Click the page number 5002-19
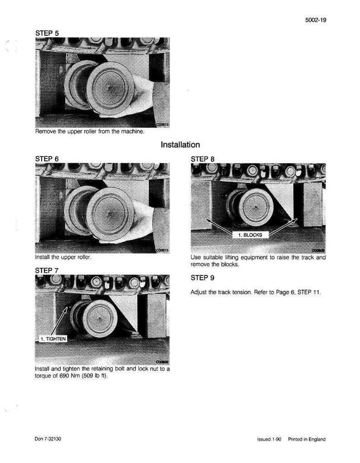tap(316, 20)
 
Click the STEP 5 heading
tap(47, 33)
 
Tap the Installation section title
tap(180, 145)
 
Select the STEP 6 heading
tap(47, 159)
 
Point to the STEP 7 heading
tap(47, 270)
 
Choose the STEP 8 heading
tap(203, 159)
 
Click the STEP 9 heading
tap(203, 278)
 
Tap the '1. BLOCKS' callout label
tap(250, 235)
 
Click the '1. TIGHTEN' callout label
tap(53, 339)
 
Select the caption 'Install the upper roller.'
tap(63, 257)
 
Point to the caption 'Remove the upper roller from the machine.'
tap(90, 131)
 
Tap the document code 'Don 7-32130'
tap(48, 439)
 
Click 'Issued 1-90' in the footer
tap(269, 439)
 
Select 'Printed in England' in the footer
tap(307, 439)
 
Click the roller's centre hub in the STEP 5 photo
tap(110, 88)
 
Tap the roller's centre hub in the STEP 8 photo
tap(255, 207)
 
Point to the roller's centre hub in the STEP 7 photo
tap(100, 319)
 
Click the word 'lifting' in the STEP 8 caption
tap(230, 257)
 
